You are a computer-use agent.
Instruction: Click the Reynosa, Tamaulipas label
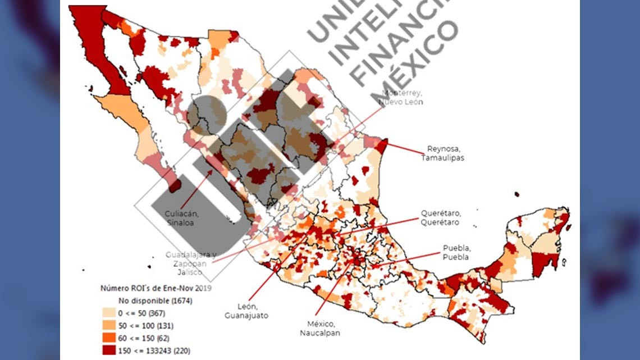pos(442,153)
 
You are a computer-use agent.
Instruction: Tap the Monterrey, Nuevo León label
pos(401,97)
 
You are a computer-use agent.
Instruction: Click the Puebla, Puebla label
pos(455,252)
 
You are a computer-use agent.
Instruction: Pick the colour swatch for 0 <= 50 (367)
pos(109,313)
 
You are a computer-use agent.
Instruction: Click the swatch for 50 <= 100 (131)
pos(109,326)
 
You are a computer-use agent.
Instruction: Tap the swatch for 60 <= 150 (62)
pos(109,338)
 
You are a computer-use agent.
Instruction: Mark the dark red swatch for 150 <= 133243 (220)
pos(109,350)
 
